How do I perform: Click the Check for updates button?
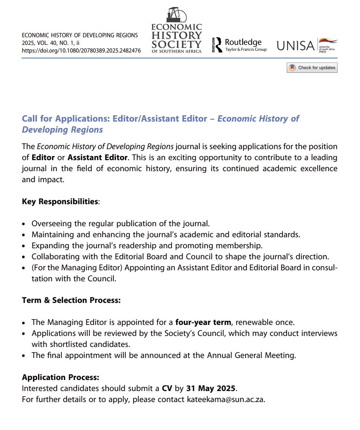pyautogui.click(x=312, y=68)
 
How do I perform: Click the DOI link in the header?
pyautogui.click(x=81, y=50)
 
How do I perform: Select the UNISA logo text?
pyautogui.click(x=296, y=45)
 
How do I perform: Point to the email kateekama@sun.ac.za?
pyautogui.click(x=225, y=399)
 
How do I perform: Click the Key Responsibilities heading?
pyautogui.click(x=60, y=201)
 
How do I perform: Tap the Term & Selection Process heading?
pyautogui.click(x=71, y=300)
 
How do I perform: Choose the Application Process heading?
pyautogui.click(x=61, y=377)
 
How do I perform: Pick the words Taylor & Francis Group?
pyautogui.click(x=246, y=50)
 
